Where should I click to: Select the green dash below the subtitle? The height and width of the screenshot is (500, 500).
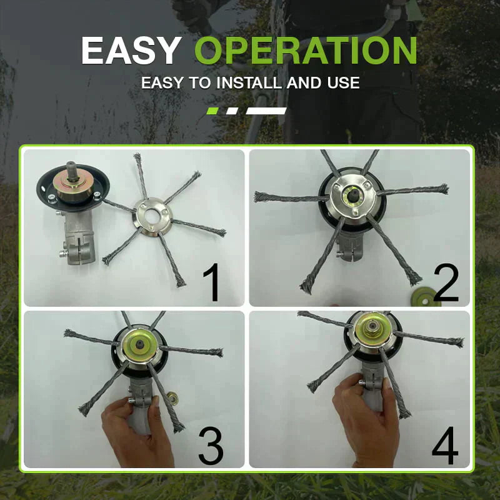tap(212, 111)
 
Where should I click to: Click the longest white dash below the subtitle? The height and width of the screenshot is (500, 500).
tap(266, 111)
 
